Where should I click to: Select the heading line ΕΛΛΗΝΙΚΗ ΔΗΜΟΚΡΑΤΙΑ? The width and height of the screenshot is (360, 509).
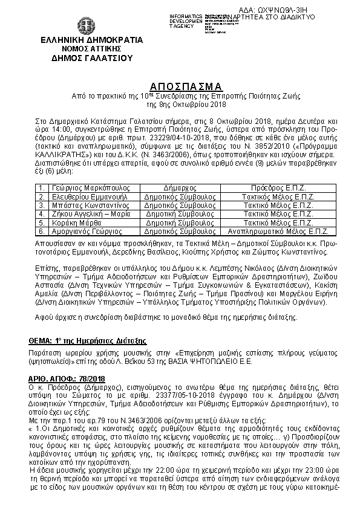point(83,41)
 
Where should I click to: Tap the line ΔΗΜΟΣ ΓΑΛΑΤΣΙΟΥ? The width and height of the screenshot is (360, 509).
point(83,58)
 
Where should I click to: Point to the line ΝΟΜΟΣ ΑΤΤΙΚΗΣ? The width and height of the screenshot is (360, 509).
point(83,49)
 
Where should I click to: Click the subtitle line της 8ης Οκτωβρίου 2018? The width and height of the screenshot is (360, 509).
point(179,103)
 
